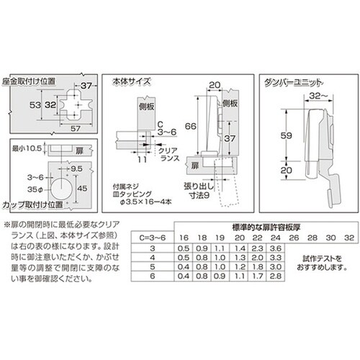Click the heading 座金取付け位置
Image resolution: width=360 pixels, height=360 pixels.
(x=30, y=81)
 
